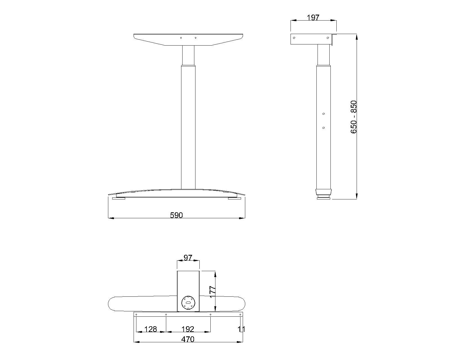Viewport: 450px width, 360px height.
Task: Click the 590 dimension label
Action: click(x=176, y=215)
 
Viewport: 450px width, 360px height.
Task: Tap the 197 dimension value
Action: click(x=313, y=17)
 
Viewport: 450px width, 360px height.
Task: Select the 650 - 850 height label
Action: click(x=354, y=117)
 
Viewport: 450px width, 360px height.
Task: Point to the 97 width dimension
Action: click(x=188, y=258)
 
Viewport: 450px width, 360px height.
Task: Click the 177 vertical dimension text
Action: click(x=212, y=292)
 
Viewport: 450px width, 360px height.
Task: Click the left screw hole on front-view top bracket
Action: click(x=181, y=38)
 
